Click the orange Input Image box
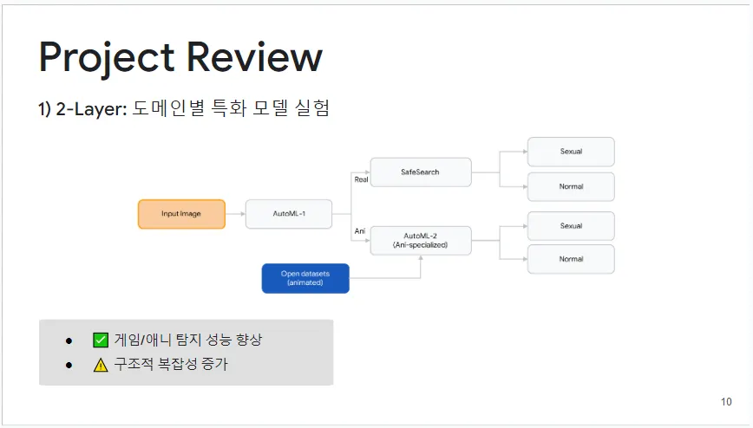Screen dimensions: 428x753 tap(181, 214)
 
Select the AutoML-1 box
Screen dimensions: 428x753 tap(289, 214)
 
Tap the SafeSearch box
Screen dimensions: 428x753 tap(420, 172)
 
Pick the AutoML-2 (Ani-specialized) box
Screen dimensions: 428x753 tap(420, 240)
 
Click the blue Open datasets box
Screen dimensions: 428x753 tap(305, 278)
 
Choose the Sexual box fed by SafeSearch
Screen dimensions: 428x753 tap(571, 152)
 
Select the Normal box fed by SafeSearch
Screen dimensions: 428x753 tap(571, 187)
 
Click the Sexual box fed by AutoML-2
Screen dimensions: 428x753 tap(571, 226)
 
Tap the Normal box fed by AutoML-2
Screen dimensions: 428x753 tap(571, 259)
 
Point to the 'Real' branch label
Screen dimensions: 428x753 tap(361, 179)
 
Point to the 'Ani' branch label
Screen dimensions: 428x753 tap(359, 230)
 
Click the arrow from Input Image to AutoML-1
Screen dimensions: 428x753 tap(235, 214)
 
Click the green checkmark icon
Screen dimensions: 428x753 tap(100, 340)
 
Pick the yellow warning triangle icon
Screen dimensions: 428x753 tap(100, 365)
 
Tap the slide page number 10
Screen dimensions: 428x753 tap(726, 402)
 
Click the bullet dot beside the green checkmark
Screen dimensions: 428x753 tap(69, 340)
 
